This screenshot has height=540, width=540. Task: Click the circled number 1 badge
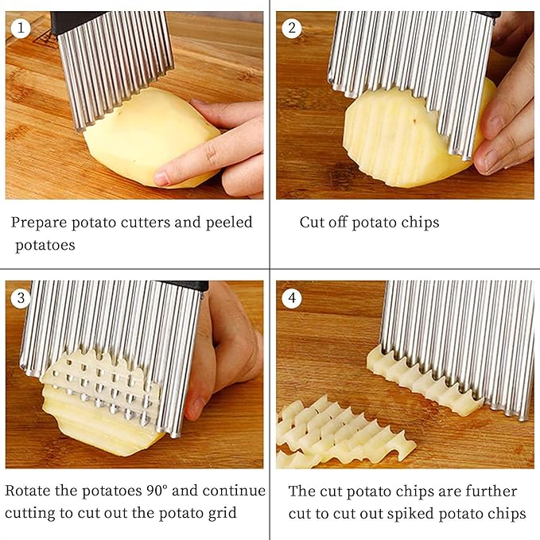(x=21, y=28)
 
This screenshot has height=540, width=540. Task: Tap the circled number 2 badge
(x=292, y=28)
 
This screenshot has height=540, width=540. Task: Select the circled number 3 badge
(x=21, y=297)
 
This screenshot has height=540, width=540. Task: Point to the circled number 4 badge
(x=292, y=297)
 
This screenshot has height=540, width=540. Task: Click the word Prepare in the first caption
(x=39, y=223)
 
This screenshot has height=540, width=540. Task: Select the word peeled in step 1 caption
(x=229, y=223)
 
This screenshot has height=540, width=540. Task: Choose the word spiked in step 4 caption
(x=410, y=515)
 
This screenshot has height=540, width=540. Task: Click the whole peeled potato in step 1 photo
(x=152, y=138)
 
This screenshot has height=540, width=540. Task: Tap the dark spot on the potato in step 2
(x=415, y=121)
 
